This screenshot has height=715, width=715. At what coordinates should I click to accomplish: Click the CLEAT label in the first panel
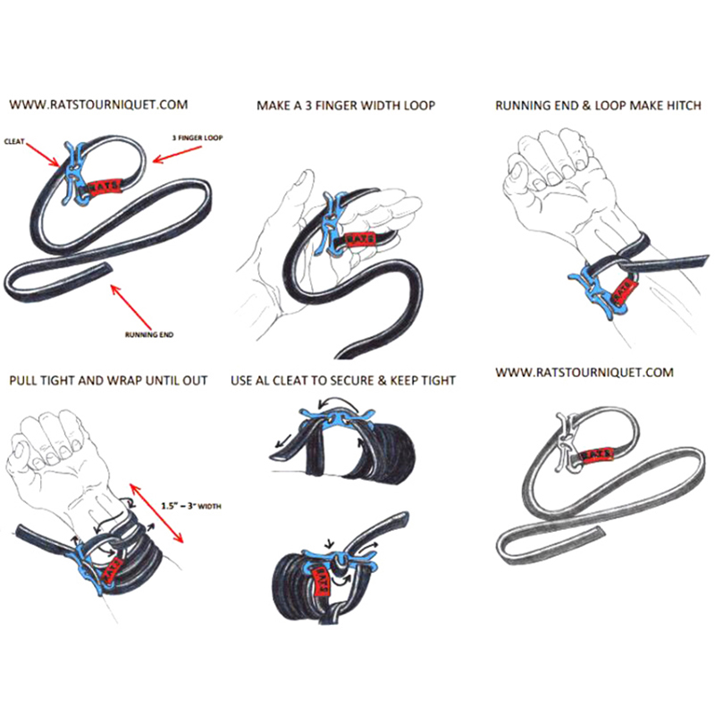pyautogui.click(x=14, y=141)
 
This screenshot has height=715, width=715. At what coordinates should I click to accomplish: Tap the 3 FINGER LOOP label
pyautogui.click(x=198, y=138)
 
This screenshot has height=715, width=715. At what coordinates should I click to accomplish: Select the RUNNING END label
pyautogui.click(x=149, y=334)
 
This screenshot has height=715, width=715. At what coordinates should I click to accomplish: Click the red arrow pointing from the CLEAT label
pyautogui.click(x=43, y=155)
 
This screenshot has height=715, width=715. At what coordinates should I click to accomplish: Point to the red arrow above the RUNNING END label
pyautogui.click(x=130, y=307)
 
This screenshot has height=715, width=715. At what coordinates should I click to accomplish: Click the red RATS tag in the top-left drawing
pyautogui.click(x=105, y=186)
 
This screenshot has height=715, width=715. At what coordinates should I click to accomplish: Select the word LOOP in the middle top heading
pyautogui.click(x=419, y=105)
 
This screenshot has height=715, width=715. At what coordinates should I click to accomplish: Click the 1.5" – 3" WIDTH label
pyautogui.click(x=191, y=506)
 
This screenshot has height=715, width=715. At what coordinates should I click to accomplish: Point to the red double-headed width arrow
pyautogui.click(x=156, y=513)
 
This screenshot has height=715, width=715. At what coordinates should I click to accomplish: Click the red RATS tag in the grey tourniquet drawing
pyautogui.click(x=596, y=454)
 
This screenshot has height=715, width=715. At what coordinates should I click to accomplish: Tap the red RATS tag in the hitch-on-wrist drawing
pyautogui.click(x=622, y=291)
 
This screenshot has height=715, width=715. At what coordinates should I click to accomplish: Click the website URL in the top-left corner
pyautogui.click(x=98, y=105)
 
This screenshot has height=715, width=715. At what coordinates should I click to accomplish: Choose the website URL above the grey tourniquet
pyautogui.click(x=585, y=373)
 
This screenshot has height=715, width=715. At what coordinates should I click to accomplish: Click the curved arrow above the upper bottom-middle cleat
pyautogui.click(x=338, y=401)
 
